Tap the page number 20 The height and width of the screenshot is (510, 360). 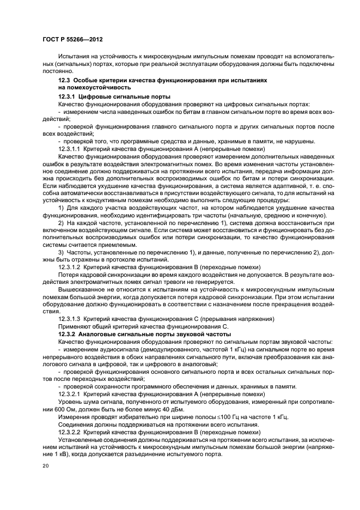tap(46, 466)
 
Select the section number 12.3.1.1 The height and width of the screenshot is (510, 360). tap(69, 148)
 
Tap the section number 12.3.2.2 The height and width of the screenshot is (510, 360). tap(69, 432)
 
